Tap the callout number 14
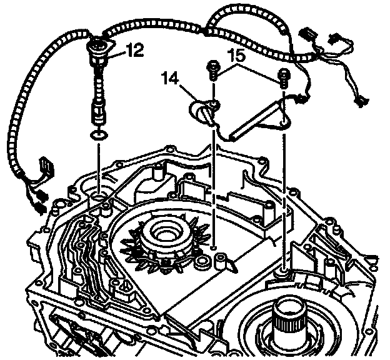point(170,80)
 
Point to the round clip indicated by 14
point(202,113)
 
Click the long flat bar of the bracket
point(254,124)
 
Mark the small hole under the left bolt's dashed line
point(214,249)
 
